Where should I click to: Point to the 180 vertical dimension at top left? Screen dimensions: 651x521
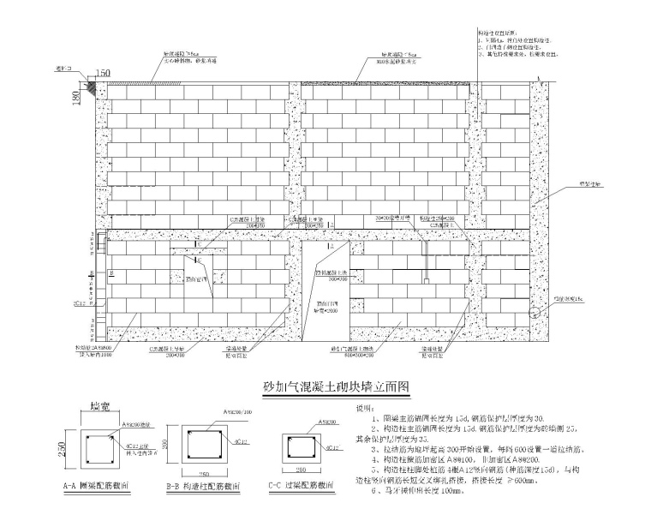pyautogui.click(x=75, y=99)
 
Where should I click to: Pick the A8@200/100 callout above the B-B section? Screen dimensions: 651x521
pyautogui.click(x=235, y=412)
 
